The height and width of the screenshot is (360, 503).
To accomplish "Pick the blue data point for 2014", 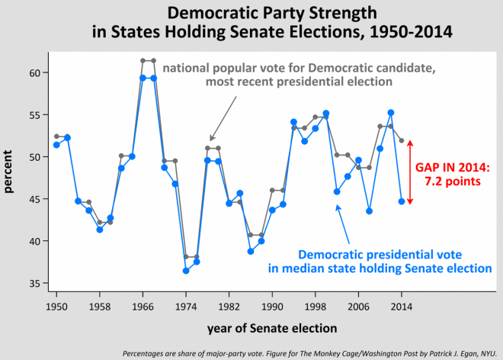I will click(402, 201).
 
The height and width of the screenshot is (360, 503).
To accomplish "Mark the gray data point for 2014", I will click(402, 140).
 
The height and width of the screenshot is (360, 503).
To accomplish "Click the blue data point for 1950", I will click(56, 145).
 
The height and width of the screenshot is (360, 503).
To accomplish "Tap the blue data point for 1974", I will click(186, 271).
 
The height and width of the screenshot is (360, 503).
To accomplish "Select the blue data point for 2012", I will click(391, 113).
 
